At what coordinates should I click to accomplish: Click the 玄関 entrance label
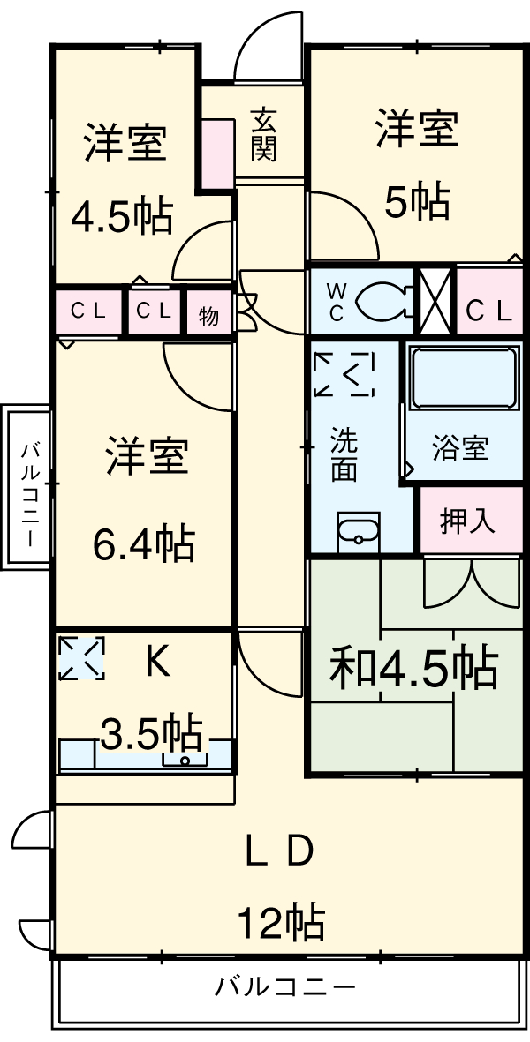[263, 135]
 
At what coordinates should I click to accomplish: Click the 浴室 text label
[459, 448]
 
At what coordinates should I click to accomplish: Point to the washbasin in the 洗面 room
[358, 532]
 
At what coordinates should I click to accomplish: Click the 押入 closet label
[468, 521]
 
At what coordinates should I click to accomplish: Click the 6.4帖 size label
[144, 543]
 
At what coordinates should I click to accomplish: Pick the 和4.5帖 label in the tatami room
[413, 669]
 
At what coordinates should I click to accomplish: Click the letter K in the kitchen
[157, 663]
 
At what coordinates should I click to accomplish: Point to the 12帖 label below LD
[279, 922]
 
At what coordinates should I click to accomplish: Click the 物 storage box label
[208, 315]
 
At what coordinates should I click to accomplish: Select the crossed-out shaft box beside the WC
[434, 300]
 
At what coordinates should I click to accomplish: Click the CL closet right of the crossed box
[488, 311]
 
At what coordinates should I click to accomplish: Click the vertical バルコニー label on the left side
[30, 487]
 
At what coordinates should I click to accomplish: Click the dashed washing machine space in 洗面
[344, 375]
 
